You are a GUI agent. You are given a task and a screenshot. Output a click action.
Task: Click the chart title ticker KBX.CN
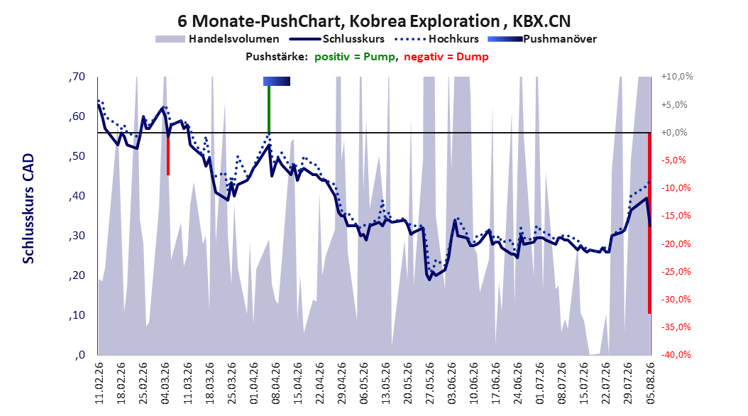[x=541, y=21]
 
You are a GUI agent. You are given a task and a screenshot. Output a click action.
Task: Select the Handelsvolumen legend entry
[x=217, y=39]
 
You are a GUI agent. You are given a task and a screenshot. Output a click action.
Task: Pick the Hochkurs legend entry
[x=453, y=39]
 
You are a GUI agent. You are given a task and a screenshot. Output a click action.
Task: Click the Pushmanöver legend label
[x=560, y=39]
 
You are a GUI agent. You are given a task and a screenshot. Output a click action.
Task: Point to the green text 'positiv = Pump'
[x=355, y=57]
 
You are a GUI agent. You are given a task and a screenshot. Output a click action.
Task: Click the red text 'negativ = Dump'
[x=446, y=57]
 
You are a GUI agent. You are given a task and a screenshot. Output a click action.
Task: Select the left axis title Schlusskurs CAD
[x=28, y=209]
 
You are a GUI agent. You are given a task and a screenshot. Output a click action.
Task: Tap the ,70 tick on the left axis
[x=77, y=77]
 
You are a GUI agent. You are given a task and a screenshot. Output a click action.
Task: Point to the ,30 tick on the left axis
[x=77, y=236]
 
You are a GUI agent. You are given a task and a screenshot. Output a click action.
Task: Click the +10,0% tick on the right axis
[x=677, y=77]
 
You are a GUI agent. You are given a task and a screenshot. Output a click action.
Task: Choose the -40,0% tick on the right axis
[x=676, y=354]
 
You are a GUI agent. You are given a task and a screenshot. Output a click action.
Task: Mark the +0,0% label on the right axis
[x=674, y=132]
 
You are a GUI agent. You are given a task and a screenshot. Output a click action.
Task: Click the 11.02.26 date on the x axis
[x=99, y=383]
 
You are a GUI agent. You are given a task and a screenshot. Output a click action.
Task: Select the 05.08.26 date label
[x=650, y=383]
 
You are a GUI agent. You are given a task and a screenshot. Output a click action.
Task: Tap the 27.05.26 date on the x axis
[x=430, y=383]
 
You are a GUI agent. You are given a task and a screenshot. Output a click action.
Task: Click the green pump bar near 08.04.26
[x=269, y=109]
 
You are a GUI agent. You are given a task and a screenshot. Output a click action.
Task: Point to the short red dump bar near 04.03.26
[x=168, y=154]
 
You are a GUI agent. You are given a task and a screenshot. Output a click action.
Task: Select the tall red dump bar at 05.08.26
[x=649, y=223]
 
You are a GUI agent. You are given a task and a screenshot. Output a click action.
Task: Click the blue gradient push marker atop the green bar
[x=277, y=82]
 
